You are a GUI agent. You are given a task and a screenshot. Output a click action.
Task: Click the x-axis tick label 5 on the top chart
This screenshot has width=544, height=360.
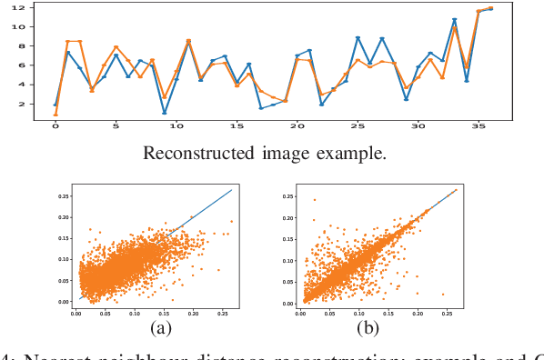click(x=116, y=127)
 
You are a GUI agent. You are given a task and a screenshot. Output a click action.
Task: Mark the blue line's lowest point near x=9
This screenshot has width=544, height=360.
click(x=165, y=113)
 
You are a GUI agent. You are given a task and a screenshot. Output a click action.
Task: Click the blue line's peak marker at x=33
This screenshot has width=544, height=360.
click(x=454, y=19)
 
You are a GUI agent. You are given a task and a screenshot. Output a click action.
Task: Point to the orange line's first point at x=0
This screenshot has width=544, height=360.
click(x=55, y=115)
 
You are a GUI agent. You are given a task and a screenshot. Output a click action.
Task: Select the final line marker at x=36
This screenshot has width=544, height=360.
click(x=490, y=8)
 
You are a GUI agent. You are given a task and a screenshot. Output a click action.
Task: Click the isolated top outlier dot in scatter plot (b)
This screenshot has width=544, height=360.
click(x=316, y=199)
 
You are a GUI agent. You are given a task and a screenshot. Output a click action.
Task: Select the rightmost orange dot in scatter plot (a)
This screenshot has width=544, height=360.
click(x=231, y=221)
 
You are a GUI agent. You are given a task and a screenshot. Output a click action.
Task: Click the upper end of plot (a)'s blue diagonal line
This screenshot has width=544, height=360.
click(x=233, y=190)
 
